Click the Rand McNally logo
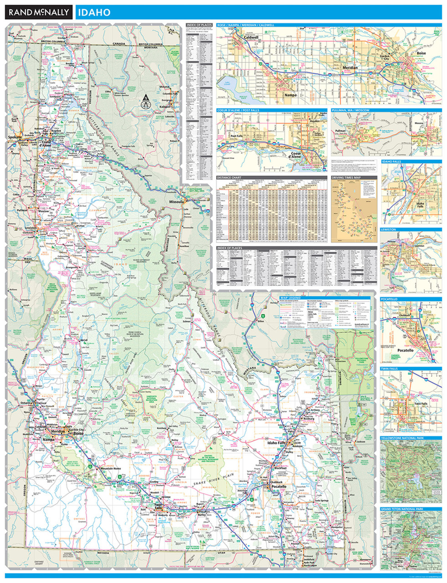pyautogui.click(x=38, y=12)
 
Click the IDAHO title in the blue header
pyautogui.click(x=93, y=12)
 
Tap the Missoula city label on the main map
pyautogui.click(x=175, y=201)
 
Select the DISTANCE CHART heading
pyautogui.click(x=230, y=177)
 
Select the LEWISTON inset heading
pyautogui.click(x=389, y=230)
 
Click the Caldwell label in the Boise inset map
pyautogui.click(x=251, y=37)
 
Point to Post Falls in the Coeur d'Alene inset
pyautogui.click(x=236, y=136)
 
